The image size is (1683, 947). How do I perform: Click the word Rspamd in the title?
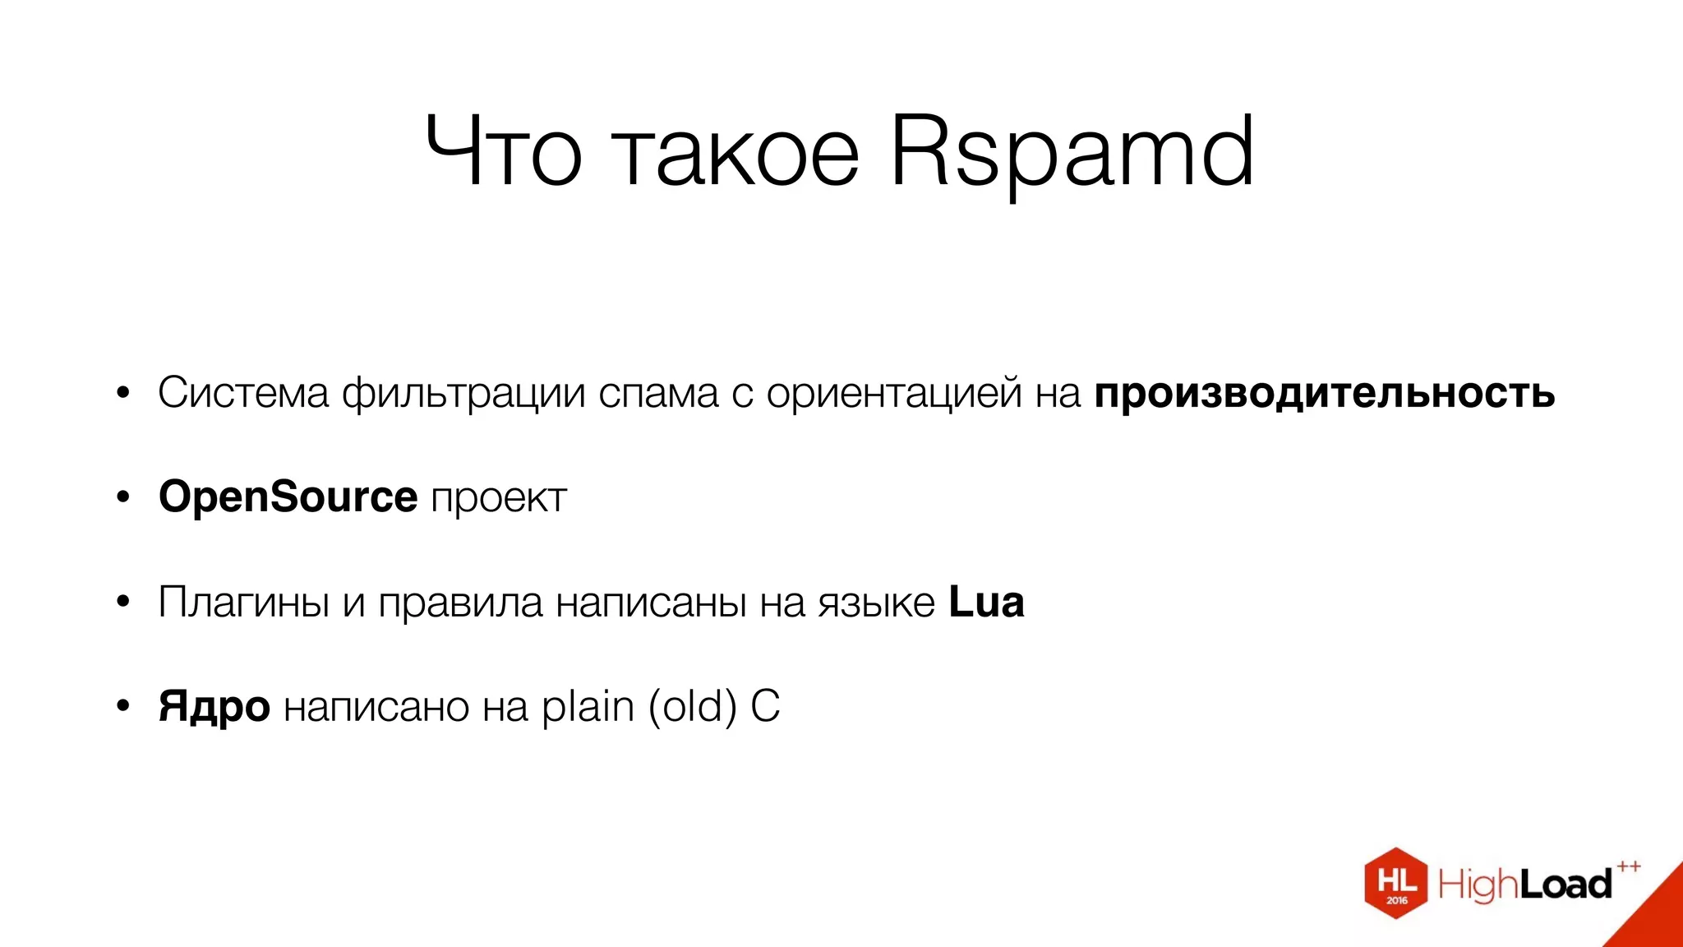pyautogui.click(x=1072, y=153)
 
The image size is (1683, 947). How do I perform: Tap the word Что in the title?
pyautogui.click(x=504, y=153)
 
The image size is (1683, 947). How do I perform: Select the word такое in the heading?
pyautogui.click(x=736, y=153)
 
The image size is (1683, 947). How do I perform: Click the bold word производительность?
pyautogui.click(x=1324, y=394)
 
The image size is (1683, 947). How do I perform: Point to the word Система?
pyautogui.click(x=243, y=393)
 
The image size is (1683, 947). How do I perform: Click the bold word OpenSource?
pyautogui.click(x=288, y=497)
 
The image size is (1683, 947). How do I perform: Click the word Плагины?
pyautogui.click(x=244, y=603)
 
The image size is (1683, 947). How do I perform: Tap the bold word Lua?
pyautogui.click(x=986, y=602)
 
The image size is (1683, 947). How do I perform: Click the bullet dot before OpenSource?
pyautogui.click(x=123, y=497)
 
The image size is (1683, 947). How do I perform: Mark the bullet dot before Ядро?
pyautogui.click(x=123, y=706)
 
